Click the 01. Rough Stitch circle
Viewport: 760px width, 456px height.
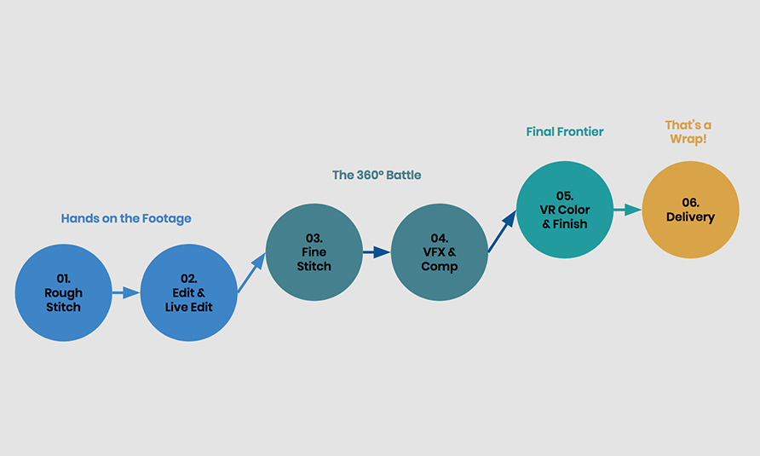[x=64, y=292]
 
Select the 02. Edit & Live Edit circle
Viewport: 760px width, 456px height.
[x=188, y=292]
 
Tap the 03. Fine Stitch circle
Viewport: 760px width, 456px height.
[x=314, y=252]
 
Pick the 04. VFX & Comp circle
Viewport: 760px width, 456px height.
[x=439, y=252]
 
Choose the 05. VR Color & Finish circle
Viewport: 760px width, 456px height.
[x=565, y=210]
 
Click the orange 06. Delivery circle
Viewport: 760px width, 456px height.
[x=690, y=210]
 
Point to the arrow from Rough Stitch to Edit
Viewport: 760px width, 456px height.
[x=126, y=292]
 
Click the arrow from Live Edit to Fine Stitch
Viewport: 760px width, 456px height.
[x=251, y=273]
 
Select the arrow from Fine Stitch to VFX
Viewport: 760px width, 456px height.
[x=377, y=252]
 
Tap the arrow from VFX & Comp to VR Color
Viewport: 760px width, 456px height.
[x=502, y=231]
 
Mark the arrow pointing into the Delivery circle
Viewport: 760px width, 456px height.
[x=628, y=210]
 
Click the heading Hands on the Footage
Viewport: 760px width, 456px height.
[x=126, y=219]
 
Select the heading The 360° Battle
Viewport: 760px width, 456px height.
[x=377, y=175]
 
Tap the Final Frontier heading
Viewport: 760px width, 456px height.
[x=565, y=131]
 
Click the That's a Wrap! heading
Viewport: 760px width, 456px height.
[x=688, y=132]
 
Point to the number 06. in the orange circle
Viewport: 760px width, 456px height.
[x=690, y=202]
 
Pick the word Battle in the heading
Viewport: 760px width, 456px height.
[x=404, y=175]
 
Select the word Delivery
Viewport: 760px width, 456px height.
[x=690, y=216]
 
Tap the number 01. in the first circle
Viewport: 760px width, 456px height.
[x=64, y=279]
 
